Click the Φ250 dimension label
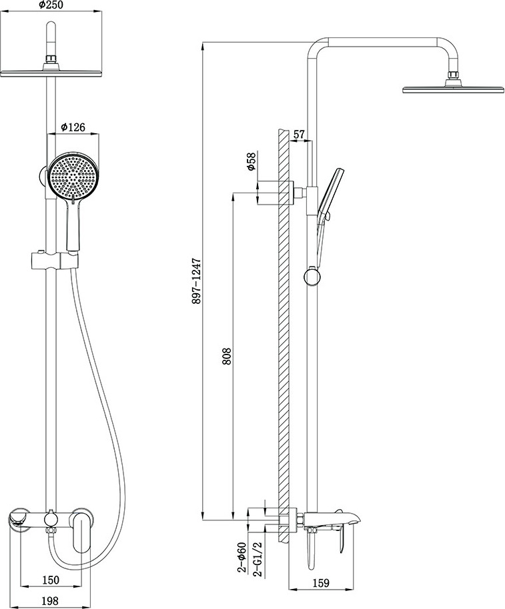click(51, 5)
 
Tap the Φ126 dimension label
click(73, 127)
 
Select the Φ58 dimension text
click(251, 161)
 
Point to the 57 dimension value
click(299, 135)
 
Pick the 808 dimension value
click(227, 356)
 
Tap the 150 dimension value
click(50, 580)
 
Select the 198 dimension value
click(50, 601)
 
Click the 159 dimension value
click(321, 583)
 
